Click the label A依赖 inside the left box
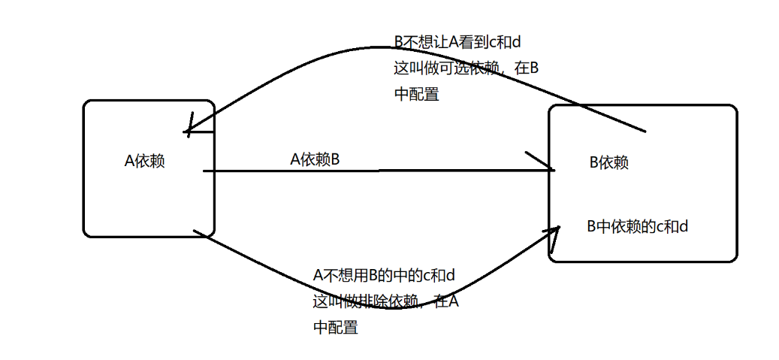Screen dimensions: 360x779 [145, 161]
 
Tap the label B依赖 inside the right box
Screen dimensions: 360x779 [608, 162]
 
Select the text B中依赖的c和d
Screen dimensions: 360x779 [637, 225]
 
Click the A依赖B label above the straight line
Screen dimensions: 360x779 [316, 159]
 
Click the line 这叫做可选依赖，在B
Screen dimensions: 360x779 [466, 68]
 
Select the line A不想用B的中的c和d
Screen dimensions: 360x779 [384, 276]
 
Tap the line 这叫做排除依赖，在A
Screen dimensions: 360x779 [386, 302]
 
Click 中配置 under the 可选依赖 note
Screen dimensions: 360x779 [416, 95]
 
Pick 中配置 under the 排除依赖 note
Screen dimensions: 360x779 [335, 328]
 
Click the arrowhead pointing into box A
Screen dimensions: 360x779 [187, 132]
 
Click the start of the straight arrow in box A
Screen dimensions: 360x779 [205, 171]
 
